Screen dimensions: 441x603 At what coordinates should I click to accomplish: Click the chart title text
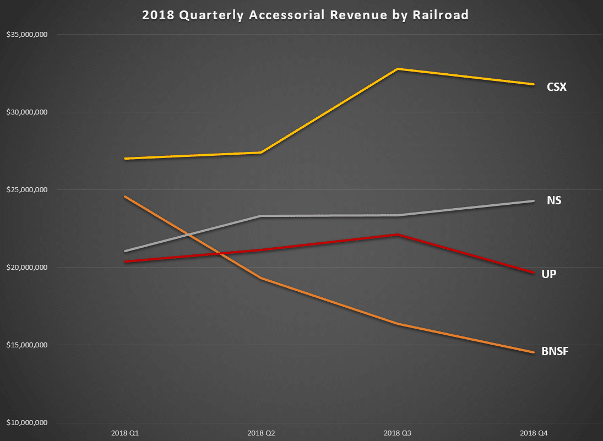click(305, 15)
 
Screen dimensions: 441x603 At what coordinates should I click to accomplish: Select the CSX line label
click(556, 87)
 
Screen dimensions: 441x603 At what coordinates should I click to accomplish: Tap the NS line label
click(554, 200)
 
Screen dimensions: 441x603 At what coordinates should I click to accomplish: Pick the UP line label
click(548, 274)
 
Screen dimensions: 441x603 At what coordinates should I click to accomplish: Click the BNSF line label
click(555, 351)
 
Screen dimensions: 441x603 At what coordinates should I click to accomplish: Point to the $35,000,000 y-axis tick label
click(26, 35)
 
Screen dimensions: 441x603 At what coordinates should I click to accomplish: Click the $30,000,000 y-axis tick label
click(26, 112)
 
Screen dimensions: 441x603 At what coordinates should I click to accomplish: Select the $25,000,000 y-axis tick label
click(26, 190)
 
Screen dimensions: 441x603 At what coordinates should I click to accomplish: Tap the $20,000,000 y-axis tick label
click(26, 268)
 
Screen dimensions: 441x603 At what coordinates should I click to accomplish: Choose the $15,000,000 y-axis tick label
click(26, 345)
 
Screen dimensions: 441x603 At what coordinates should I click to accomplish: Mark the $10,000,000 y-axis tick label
click(26, 423)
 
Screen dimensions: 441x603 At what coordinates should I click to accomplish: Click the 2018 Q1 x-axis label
click(124, 432)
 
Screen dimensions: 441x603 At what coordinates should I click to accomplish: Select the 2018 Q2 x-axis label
click(261, 432)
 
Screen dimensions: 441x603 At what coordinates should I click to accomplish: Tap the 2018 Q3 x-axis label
click(398, 432)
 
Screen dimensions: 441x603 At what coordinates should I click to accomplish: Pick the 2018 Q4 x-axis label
click(534, 432)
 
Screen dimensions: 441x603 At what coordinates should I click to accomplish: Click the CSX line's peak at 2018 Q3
click(398, 69)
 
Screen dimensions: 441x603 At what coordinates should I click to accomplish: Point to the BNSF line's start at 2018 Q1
click(125, 197)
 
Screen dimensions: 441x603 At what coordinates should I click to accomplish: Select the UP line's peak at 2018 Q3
click(398, 235)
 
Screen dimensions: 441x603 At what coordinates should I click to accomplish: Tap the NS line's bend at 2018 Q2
click(261, 216)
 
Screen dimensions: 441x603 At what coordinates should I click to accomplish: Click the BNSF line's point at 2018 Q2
click(261, 278)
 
